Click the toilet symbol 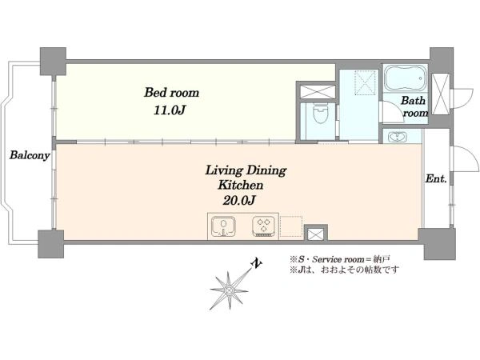click(x=321, y=114)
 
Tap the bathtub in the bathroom click(x=406, y=78)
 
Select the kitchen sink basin click(x=224, y=227)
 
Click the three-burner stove click(x=263, y=226)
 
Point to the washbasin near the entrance click(x=398, y=137)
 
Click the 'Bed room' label click(x=171, y=92)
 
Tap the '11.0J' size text click(x=170, y=110)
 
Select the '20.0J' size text click(x=239, y=200)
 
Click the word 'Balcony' click(x=30, y=155)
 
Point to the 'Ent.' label click(x=436, y=178)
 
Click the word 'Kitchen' click(x=240, y=185)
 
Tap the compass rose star click(x=229, y=290)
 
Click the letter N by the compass click(x=257, y=263)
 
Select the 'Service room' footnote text click(x=336, y=259)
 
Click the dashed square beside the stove click(x=291, y=226)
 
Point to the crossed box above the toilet click(x=318, y=91)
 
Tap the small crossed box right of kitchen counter click(x=316, y=234)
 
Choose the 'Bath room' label click(x=414, y=106)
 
